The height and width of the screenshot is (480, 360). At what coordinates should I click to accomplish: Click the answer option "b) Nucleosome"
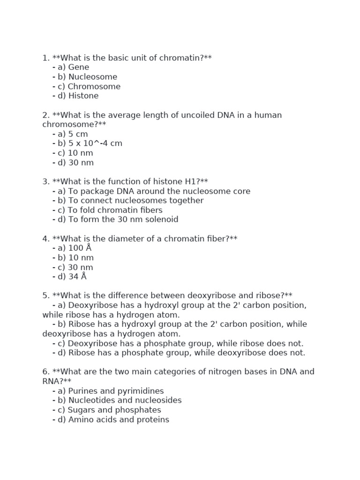(87, 77)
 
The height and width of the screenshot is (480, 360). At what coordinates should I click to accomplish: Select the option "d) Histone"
(78, 96)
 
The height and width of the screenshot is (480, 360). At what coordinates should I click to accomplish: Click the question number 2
(45, 115)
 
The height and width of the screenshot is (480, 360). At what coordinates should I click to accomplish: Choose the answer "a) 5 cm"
(73, 134)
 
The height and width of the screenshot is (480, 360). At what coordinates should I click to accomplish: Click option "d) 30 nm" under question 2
(75, 163)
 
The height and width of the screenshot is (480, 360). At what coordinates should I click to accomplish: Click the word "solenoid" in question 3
(162, 220)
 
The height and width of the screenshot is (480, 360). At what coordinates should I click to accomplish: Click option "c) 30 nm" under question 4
(75, 267)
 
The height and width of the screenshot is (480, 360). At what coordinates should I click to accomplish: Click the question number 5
(45, 296)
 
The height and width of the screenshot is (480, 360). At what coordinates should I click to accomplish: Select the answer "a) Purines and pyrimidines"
(111, 391)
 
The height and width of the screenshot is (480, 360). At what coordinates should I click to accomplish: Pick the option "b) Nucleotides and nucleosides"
(120, 400)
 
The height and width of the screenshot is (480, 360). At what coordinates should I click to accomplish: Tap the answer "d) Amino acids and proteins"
(113, 420)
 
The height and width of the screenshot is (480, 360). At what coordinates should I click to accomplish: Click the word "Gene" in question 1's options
(78, 67)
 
